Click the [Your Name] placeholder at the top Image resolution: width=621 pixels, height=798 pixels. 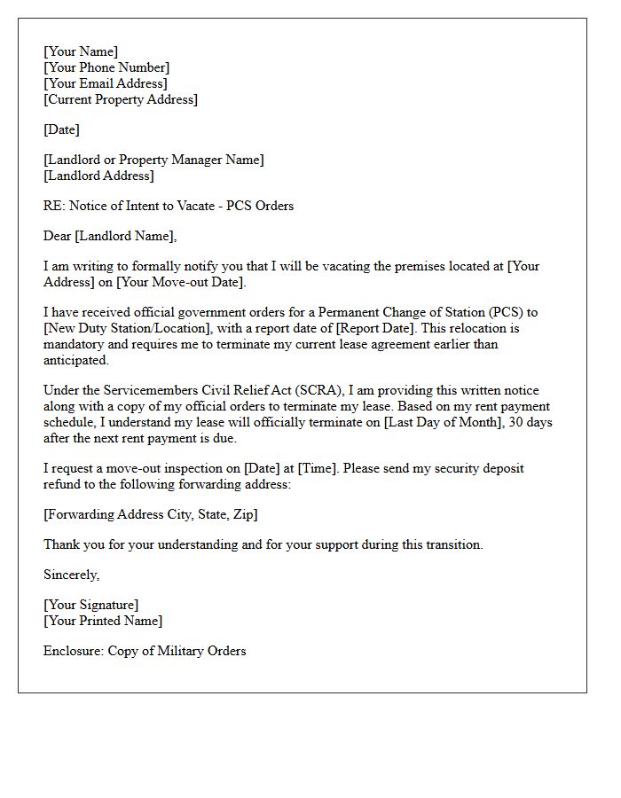pos(81,51)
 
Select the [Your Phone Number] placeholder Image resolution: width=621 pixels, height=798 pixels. pos(106,67)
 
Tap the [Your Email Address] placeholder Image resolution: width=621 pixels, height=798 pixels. pos(106,83)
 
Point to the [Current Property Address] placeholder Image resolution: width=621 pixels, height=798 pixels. pos(121,99)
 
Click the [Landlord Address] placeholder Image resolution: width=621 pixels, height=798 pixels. pos(98,176)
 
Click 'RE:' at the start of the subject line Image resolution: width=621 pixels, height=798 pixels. pos(53,206)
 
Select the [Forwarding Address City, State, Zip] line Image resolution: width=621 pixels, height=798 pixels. pos(151,514)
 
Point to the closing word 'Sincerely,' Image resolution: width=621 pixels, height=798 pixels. pos(72,575)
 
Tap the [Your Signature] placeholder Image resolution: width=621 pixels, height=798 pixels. pos(90,605)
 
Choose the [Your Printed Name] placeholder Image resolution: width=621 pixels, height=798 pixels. pos(103,621)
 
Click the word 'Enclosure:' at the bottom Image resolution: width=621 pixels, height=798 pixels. pos(74,651)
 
